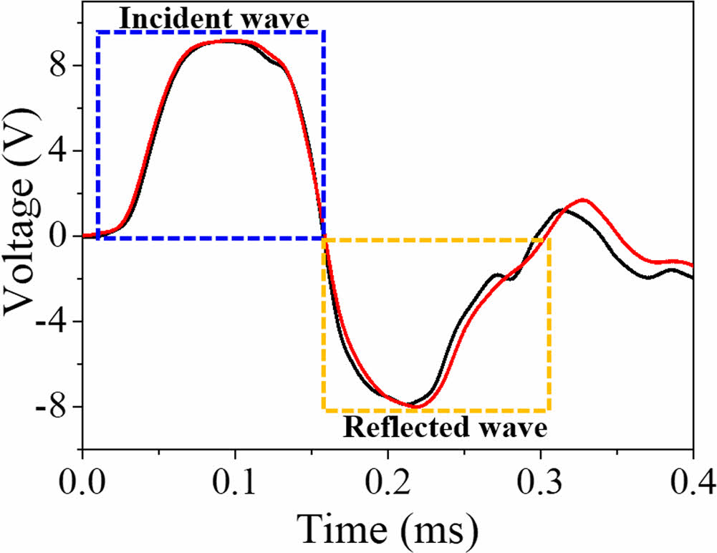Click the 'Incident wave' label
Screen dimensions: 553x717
point(206,18)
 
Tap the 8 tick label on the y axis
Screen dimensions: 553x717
point(59,65)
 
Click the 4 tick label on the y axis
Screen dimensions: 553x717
point(59,150)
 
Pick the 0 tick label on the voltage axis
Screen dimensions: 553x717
point(59,236)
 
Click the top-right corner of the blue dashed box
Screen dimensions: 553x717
point(324,32)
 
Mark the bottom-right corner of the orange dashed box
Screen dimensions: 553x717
point(549,410)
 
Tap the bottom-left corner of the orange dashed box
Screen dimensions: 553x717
point(324,410)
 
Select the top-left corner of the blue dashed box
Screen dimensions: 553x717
point(98,32)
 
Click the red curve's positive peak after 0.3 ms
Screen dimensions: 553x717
point(584,200)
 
